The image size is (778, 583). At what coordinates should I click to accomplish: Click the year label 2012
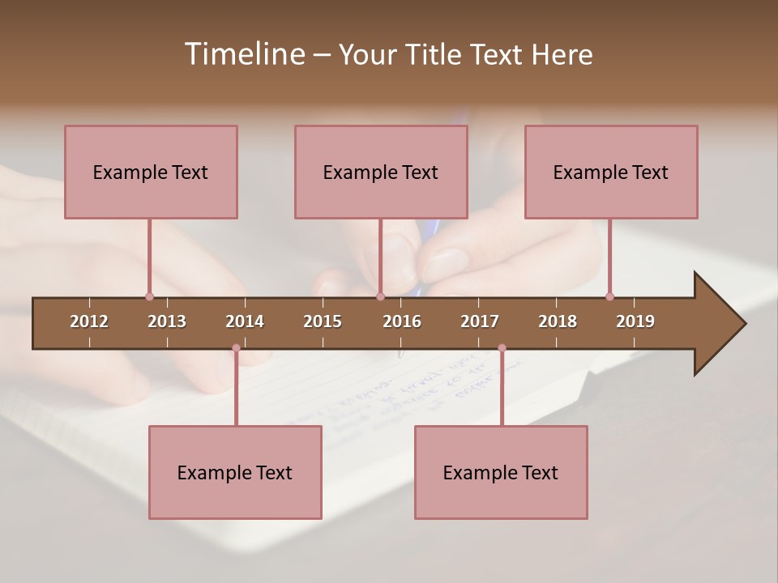click(x=89, y=321)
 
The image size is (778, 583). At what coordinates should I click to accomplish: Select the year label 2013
click(x=167, y=321)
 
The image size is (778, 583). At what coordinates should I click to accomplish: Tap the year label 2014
click(x=245, y=321)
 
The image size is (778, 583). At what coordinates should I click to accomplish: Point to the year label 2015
click(x=323, y=321)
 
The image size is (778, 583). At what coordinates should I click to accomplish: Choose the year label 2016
click(x=402, y=321)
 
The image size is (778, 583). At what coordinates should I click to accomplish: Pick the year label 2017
click(x=480, y=321)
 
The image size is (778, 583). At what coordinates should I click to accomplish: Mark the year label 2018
click(x=558, y=321)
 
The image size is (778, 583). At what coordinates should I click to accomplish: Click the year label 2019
click(x=635, y=321)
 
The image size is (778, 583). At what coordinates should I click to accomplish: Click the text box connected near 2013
click(x=151, y=172)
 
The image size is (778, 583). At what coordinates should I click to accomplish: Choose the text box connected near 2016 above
click(x=381, y=172)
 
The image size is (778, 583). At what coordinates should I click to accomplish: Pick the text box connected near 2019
click(x=611, y=172)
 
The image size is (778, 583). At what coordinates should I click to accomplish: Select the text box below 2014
click(x=235, y=472)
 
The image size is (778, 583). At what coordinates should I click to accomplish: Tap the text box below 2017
click(x=501, y=472)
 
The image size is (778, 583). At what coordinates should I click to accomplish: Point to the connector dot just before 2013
click(x=149, y=296)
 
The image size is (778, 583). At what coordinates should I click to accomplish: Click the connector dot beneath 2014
click(x=236, y=348)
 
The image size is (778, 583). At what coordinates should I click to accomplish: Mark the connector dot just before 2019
click(x=609, y=296)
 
